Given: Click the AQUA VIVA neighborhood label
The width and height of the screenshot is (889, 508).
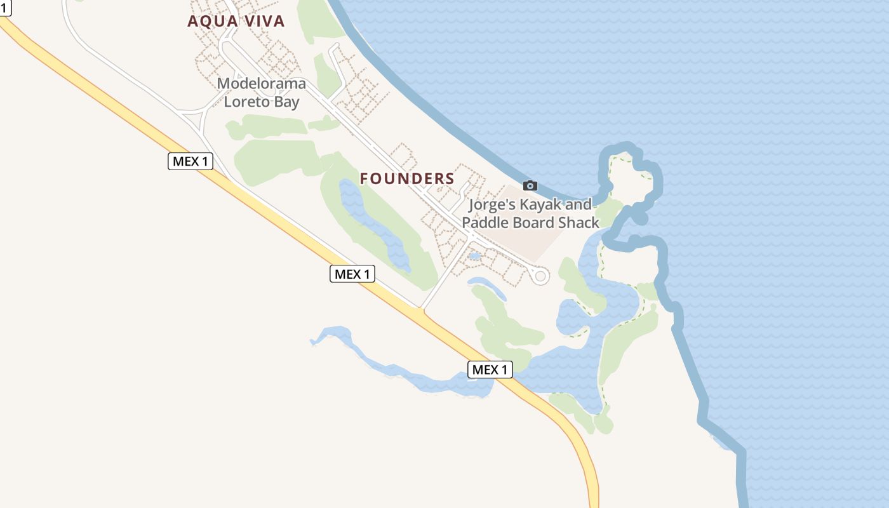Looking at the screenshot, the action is (x=236, y=22).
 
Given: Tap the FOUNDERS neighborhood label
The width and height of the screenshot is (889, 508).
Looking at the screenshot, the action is (x=407, y=179).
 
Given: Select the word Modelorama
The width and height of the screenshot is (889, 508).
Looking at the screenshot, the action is (x=261, y=84).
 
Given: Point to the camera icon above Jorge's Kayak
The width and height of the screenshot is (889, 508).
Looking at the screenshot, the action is (x=530, y=185).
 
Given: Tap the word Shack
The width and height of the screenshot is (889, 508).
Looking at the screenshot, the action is (x=578, y=223).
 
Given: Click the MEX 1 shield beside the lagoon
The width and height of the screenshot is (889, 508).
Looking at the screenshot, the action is (x=490, y=370).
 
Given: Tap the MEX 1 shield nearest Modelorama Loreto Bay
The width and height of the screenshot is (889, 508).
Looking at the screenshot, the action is (x=190, y=161).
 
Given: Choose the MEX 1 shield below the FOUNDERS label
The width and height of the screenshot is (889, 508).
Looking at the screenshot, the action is (x=352, y=274).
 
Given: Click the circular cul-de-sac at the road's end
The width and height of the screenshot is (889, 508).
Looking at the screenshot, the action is (x=540, y=276).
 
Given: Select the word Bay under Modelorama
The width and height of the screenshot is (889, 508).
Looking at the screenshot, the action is (x=287, y=102).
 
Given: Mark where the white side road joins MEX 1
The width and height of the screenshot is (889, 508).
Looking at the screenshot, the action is (x=421, y=310).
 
